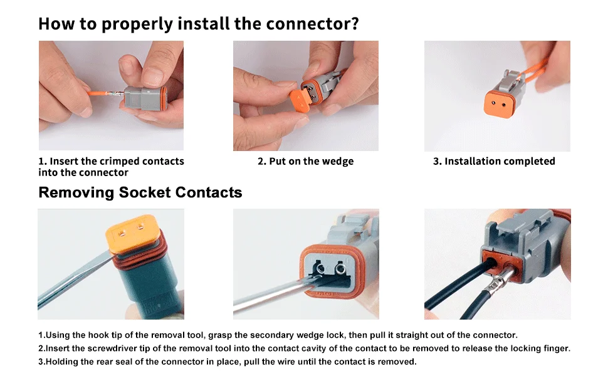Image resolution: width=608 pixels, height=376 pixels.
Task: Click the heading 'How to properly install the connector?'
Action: pos(198,24)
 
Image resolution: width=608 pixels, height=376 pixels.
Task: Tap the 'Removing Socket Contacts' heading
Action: pos(140,192)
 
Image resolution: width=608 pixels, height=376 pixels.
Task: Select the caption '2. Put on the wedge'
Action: pos(305,162)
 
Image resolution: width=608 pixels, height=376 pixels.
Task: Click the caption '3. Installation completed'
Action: pos(494,162)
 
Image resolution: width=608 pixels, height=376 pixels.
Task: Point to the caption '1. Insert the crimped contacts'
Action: pos(111,162)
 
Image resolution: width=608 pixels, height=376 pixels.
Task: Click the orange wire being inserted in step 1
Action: pos(94,95)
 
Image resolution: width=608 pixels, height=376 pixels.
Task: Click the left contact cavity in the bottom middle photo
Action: pos(321,269)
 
